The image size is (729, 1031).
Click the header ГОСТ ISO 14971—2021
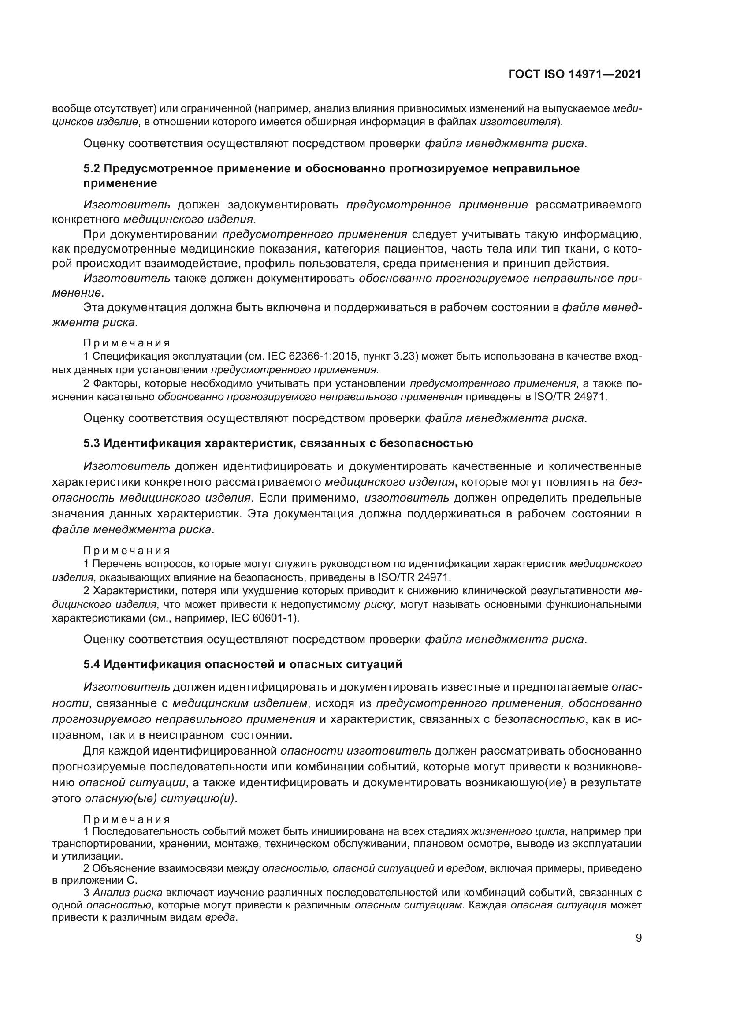[x=575, y=74]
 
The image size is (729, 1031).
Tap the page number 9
[x=638, y=938]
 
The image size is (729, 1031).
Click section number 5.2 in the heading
[x=92, y=168]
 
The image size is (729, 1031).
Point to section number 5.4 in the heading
[x=92, y=664]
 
